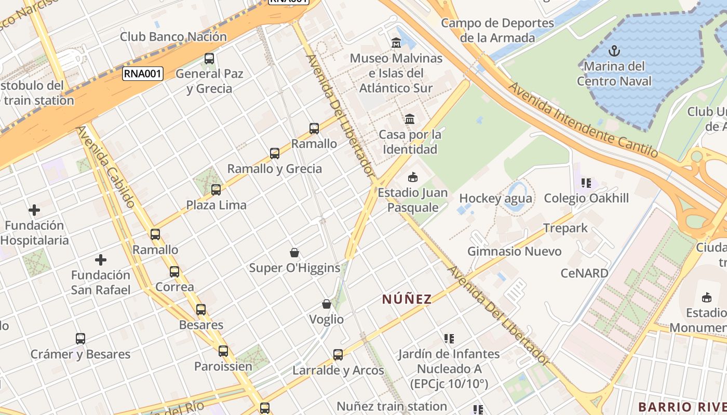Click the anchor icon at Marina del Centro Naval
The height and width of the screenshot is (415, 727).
pos(614,51)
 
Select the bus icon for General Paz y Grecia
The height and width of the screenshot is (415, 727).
pos(209,59)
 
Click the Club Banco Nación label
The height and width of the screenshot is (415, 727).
pos(173,37)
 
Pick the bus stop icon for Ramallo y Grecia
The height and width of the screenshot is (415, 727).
pos(275,154)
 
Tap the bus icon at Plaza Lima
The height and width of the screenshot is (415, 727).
pos(216,190)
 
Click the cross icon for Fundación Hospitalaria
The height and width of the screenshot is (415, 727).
pos(34,210)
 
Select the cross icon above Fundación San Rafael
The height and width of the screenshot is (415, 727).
pos(101,259)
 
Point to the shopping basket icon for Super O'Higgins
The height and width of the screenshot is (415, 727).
pos(294,253)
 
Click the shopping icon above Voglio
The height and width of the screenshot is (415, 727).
pos(327,303)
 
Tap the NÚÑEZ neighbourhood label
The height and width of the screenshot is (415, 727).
pos(407,299)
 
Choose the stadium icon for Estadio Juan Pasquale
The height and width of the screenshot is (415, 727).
pos(413,177)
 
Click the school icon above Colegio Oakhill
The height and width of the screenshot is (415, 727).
pos(586,183)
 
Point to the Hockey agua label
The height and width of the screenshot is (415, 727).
pos(495,199)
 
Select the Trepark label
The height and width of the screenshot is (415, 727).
pos(566,228)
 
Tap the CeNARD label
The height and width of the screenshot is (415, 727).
pos(584,273)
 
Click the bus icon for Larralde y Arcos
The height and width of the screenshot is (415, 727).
pos(338,355)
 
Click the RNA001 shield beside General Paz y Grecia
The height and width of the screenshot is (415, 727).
pos(143,74)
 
